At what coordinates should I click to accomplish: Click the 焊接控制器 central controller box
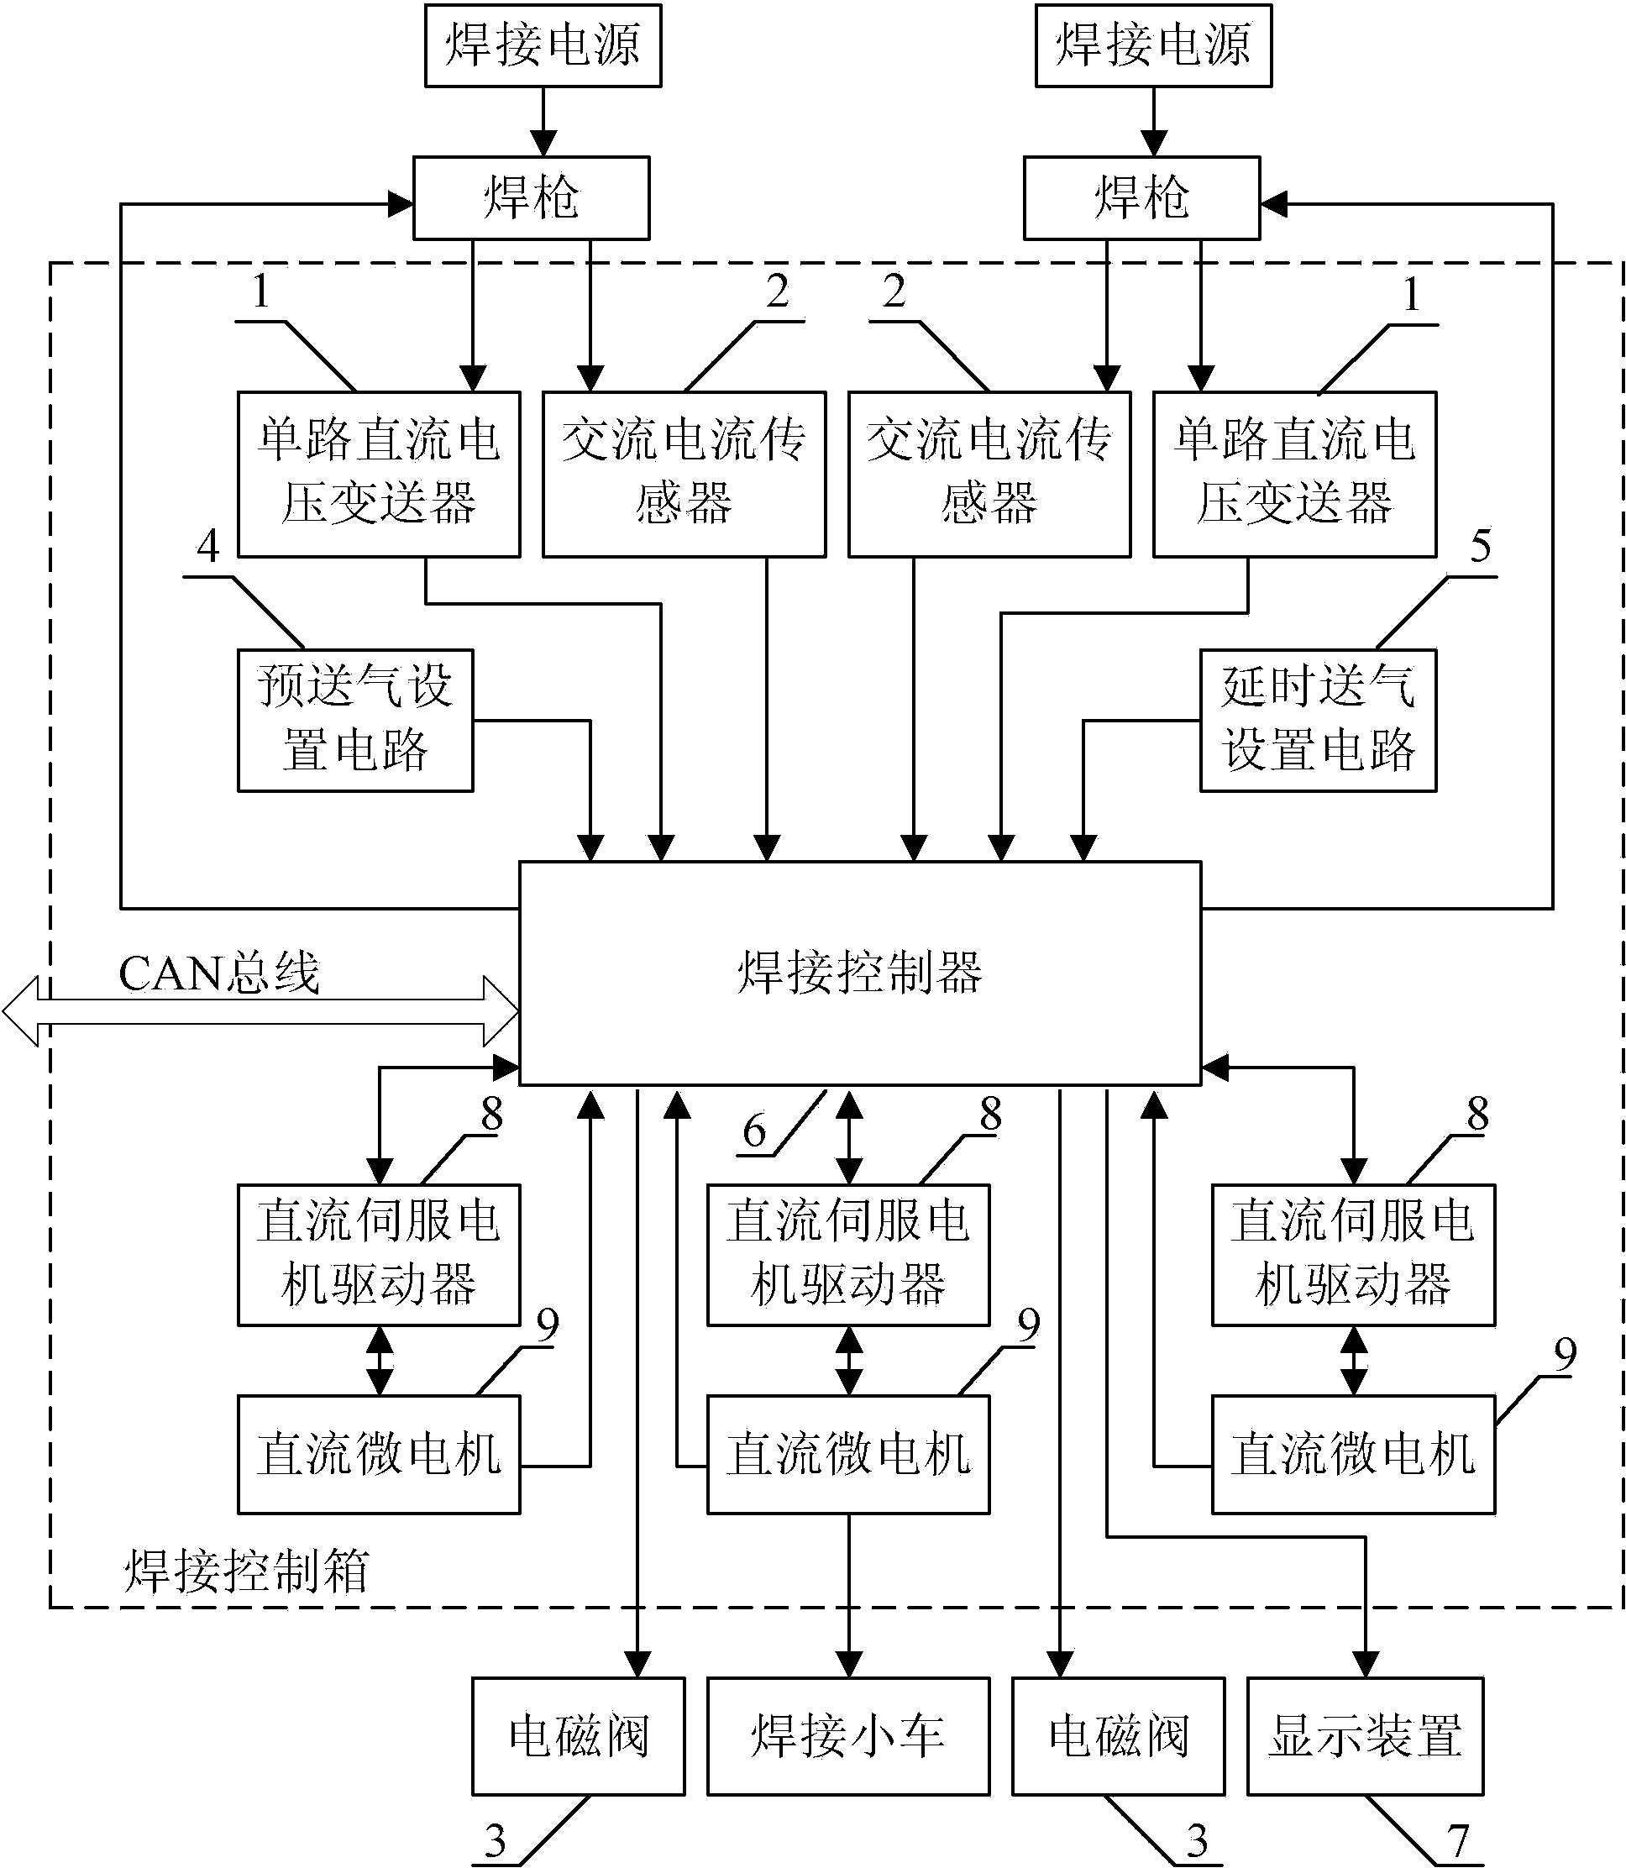click(859, 973)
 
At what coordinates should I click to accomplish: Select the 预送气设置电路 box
click(354, 721)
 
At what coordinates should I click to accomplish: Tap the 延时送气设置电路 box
click(1318, 721)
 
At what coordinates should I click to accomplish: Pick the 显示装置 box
click(1365, 1735)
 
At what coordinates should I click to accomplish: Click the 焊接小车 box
click(847, 1735)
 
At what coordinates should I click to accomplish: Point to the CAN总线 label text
click(218, 973)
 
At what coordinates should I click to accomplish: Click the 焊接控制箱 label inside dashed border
click(246, 1572)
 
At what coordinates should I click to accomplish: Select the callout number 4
click(208, 546)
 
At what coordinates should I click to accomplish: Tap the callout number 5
click(1480, 546)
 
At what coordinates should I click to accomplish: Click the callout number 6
click(754, 1131)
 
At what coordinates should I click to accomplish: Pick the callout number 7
click(1457, 1842)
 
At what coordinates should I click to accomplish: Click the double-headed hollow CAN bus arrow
click(260, 1011)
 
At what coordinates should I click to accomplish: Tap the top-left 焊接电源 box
click(543, 45)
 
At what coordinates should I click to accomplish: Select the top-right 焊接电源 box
click(1153, 45)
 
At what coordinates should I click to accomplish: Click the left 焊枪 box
click(531, 197)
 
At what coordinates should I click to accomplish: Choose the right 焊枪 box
click(1141, 197)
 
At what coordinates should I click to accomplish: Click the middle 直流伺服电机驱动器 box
click(847, 1254)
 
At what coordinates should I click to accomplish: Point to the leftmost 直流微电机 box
click(379, 1453)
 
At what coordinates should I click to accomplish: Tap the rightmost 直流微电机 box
click(1353, 1453)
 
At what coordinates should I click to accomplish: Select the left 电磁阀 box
click(578, 1735)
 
